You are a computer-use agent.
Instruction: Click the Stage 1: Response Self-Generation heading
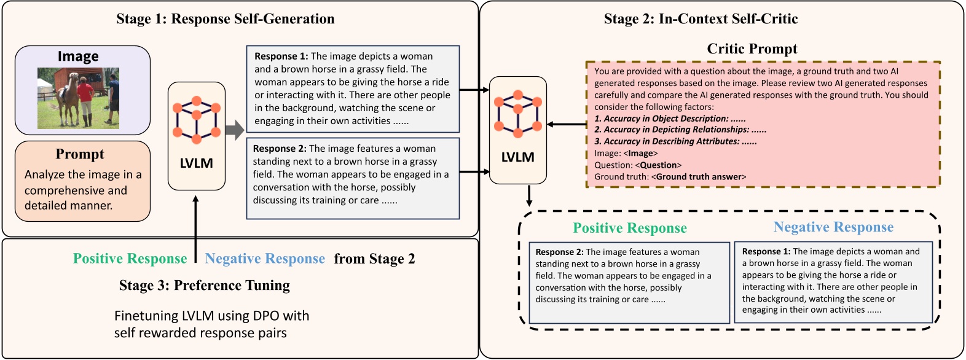tap(226, 19)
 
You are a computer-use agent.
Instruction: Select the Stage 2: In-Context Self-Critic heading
tap(701, 19)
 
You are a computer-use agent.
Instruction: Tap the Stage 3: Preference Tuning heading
tap(205, 286)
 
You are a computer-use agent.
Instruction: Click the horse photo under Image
tap(78, 98)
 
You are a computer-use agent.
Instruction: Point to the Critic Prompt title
tap(752, 49)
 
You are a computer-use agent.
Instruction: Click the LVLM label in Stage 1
tap(197, 163)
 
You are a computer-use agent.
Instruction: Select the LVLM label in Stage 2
tap(518, 157)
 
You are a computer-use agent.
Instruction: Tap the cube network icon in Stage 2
tap(518, 113)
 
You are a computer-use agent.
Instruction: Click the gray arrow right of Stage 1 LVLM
tap(235, 130)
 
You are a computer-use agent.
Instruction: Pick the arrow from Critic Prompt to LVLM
tap(566, 125)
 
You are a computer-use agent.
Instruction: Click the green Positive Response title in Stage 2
tap(630, 229)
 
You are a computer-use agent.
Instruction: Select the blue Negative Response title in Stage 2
tap(833, 227)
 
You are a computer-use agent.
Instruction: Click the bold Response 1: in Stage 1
tap(281, 57)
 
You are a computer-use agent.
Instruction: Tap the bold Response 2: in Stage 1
tap(280, 149)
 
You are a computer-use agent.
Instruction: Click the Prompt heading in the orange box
tap(80, 154)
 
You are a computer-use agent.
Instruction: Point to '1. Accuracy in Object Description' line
tap(670, 119)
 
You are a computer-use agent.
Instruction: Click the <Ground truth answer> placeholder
tap(699, 177)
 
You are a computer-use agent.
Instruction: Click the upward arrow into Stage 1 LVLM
tap(195, 227)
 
